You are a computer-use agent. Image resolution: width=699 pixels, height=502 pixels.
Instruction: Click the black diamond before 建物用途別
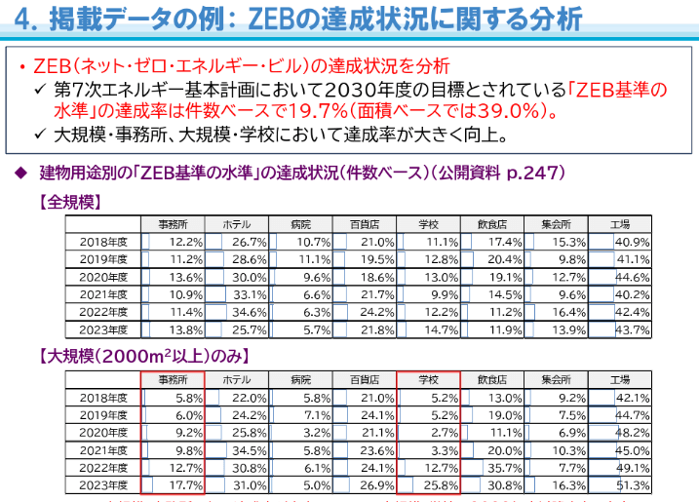20,173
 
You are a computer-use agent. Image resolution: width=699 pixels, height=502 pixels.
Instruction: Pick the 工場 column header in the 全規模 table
621,223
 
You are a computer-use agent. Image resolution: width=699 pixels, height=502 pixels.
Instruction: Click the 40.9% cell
634,241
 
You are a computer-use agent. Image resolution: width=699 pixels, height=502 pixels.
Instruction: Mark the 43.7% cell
634,329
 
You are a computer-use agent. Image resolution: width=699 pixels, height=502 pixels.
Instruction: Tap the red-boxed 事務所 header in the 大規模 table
171,378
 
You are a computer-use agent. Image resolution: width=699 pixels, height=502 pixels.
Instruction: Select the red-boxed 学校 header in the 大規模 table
428,378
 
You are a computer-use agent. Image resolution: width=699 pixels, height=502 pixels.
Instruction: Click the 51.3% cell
634,484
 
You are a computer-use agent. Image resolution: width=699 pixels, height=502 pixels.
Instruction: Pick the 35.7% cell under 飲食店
504,467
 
